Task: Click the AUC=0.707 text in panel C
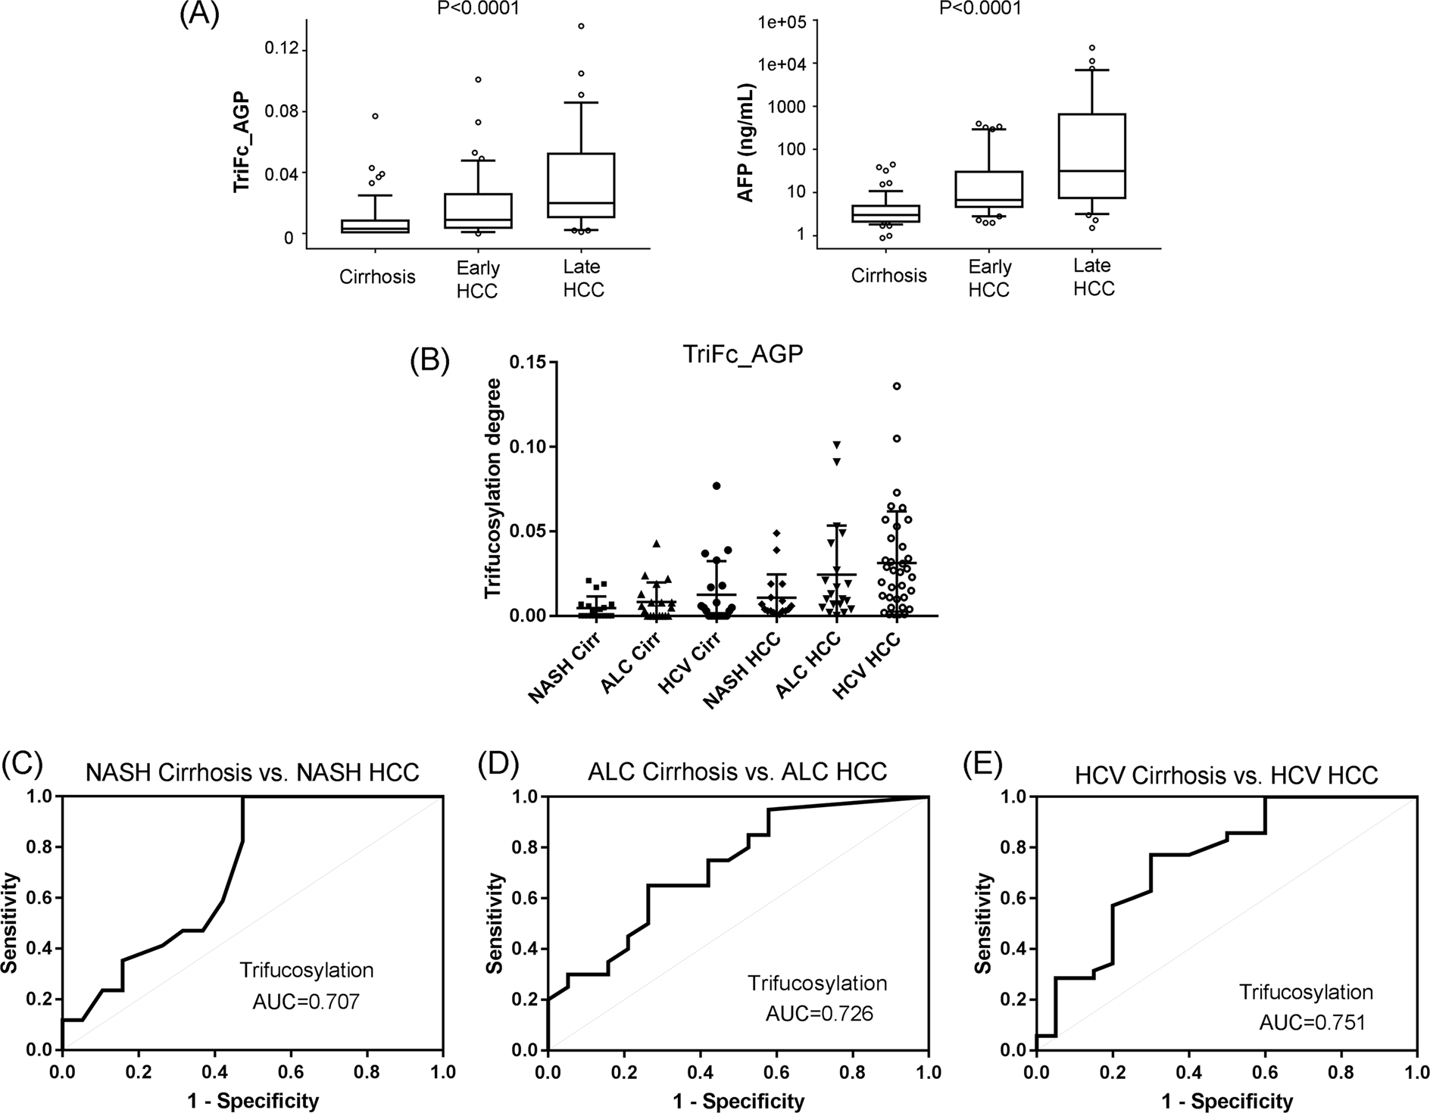(305, 1002)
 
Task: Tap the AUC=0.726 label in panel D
(819, 1013)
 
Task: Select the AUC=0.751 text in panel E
(1312, 1023)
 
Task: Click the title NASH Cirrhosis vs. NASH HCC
(252, 772)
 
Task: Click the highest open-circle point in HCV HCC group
(897, 386)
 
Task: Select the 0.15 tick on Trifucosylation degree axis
(528, 363)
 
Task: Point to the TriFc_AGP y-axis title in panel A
(242, 145)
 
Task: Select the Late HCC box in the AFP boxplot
(1093, 155)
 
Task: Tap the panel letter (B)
(429, 360)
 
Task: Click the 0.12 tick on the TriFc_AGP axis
(280, 50)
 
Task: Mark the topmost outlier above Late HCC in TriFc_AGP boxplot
(582, 26)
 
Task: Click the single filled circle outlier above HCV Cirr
(716, 486)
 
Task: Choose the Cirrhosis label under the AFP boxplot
(888, 276)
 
